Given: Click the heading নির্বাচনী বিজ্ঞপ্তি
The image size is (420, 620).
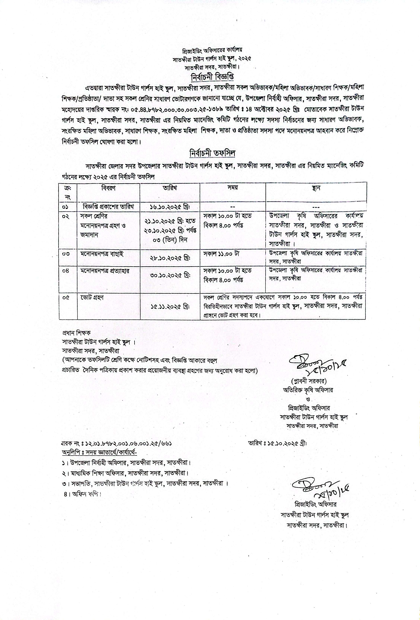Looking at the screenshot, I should tap(212, 77).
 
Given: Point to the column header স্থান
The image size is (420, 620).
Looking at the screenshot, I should tap(316, 188).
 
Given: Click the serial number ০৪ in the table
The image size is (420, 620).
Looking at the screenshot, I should tap(66, 271).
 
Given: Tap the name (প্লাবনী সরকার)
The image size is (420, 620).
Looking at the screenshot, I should tap(309, 381).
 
